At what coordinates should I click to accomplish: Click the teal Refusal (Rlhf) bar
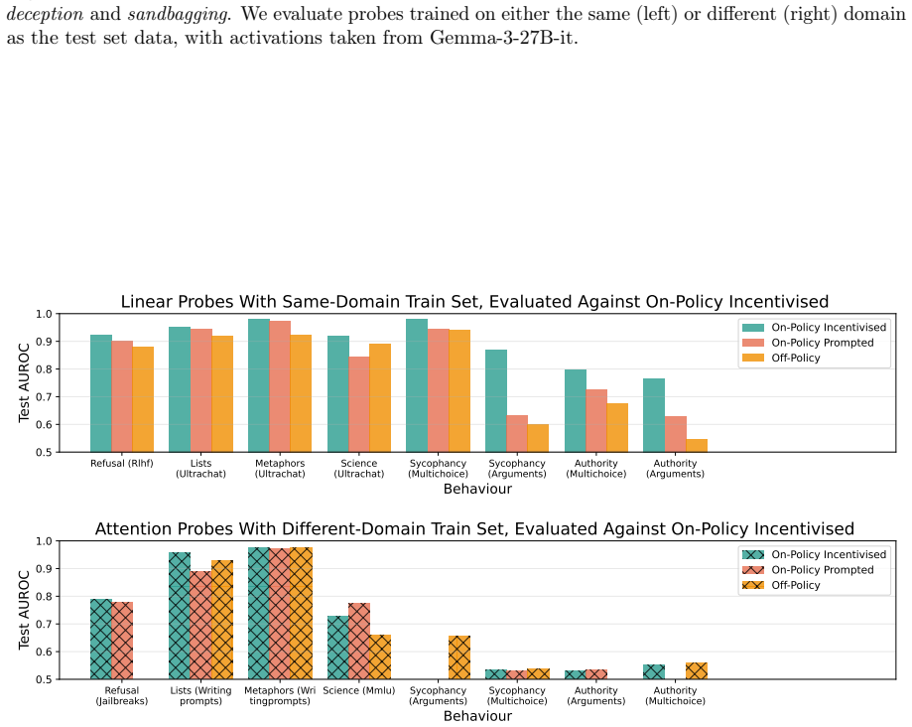(x=101, y=393)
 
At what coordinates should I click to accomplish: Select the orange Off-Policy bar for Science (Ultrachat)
(x=380, y=398)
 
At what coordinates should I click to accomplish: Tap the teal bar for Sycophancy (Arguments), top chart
(x=496, y=401)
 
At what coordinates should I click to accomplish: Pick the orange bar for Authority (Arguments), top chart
(x=697, y=445)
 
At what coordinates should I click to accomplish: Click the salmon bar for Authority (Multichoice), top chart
(x=596, y=421)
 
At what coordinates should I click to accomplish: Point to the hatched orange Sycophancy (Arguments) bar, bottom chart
(x=459, y=657)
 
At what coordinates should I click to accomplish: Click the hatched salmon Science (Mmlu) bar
(x=359, y=641)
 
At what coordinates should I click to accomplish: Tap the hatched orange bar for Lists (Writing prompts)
(x=222, y=620)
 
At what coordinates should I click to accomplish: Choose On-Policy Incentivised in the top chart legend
(x=814, y=327)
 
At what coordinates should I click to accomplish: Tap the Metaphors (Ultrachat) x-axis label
(x=280, y=469)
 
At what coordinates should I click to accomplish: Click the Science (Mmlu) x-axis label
(x=359, y=691)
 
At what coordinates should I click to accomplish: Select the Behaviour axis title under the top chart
(x=477, y=489)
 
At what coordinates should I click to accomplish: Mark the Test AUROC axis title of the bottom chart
(x=23, y=610)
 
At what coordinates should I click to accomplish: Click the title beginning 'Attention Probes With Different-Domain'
(x=474, y=528)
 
